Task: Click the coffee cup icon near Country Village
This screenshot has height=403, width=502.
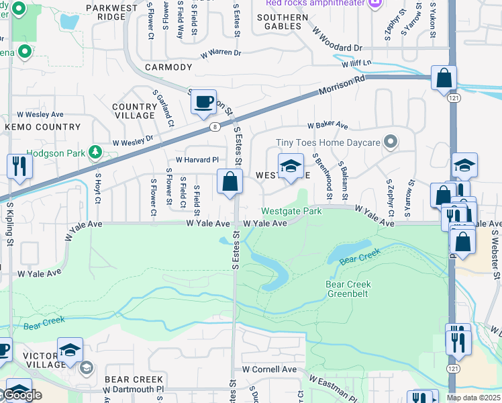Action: coord(203,102)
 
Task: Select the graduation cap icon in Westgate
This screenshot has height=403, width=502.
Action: coord(290,167)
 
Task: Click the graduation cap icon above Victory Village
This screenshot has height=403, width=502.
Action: coord(70,350)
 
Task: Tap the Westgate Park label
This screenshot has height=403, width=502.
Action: coord(291,211)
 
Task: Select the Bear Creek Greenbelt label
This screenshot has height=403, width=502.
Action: coord(348,289)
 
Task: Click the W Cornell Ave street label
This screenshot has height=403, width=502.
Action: coord(269,369)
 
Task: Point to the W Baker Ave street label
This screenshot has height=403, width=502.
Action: coord(328,125)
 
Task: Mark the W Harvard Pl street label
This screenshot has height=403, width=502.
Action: coord(197,160)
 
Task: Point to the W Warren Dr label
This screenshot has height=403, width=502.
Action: coord(220,52)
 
